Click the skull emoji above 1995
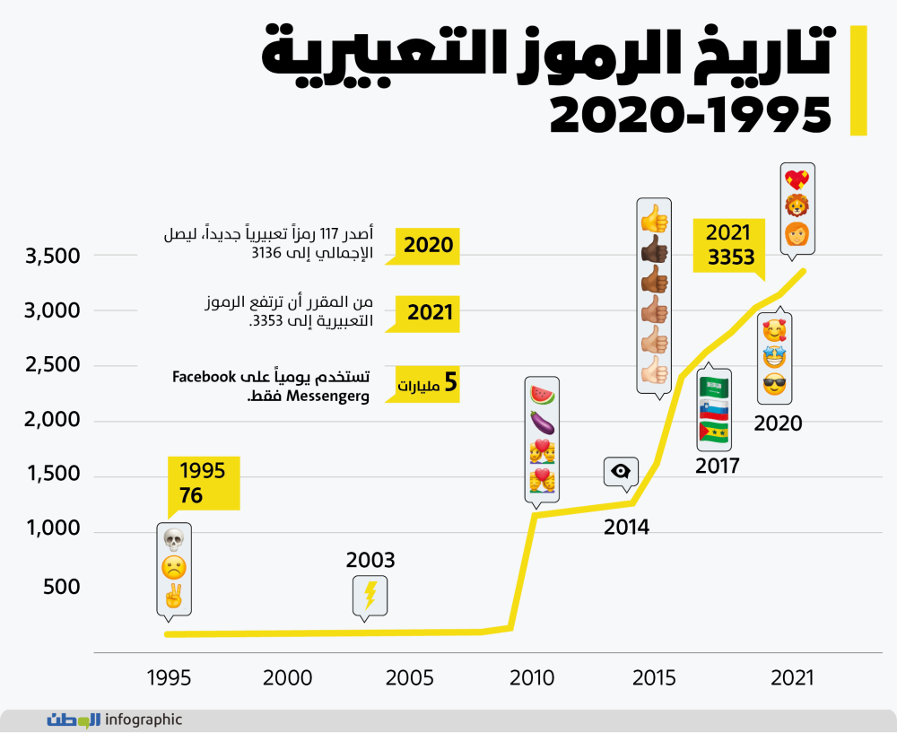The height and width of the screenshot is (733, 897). (173, 539)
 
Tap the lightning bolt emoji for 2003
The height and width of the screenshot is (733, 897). (370, 596)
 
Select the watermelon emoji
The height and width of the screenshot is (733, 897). (542, 394)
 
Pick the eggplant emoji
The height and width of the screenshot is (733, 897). (542, 423)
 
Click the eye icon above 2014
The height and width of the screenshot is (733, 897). (620, 472)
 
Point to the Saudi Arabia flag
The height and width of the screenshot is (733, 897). (714, 388)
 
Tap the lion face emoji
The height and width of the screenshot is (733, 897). (797, 205)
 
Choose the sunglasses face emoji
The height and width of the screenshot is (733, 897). (775, 385)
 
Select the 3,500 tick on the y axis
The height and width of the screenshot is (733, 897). (51, 256)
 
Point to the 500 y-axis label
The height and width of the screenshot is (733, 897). (61, 587)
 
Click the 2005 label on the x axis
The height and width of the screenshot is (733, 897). (410, 678)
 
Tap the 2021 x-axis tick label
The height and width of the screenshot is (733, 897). (792, 678)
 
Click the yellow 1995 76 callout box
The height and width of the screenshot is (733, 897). (203, 484)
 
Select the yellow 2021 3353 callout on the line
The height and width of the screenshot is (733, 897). (728, 246)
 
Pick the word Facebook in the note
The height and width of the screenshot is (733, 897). (204, 377)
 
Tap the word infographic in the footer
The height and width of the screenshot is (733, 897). (144, 720)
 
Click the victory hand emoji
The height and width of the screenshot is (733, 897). (173, 597)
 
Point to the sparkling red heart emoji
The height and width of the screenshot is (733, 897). (797, 179)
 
